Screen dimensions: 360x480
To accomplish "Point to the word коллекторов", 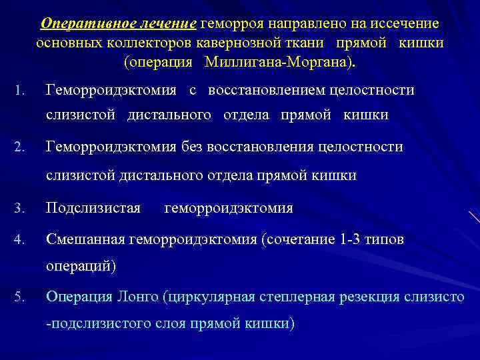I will (x=151, y=43).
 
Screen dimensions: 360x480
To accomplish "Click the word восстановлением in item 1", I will (x=264, y=90).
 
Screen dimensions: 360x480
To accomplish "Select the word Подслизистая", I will (x=93, y=209).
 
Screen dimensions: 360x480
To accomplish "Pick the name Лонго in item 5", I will (x=137, y=296).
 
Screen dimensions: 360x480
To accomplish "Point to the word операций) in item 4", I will (x=81, y=267).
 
